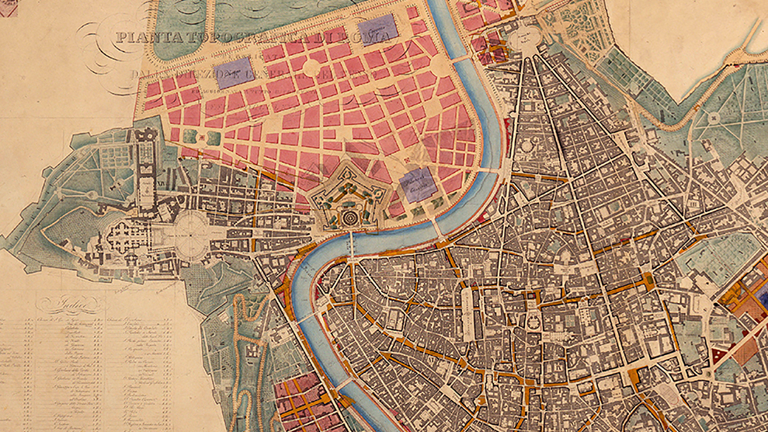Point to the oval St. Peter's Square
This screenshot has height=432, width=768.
pyautogui.click(x=189, y=235)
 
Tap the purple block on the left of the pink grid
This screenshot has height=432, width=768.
pyautogui.click(x=234, y=72)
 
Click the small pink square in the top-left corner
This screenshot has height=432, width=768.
pyautogui.click(x=8, y=8)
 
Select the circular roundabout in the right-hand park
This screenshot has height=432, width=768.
pyautogui.click(x=713, y=119)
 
